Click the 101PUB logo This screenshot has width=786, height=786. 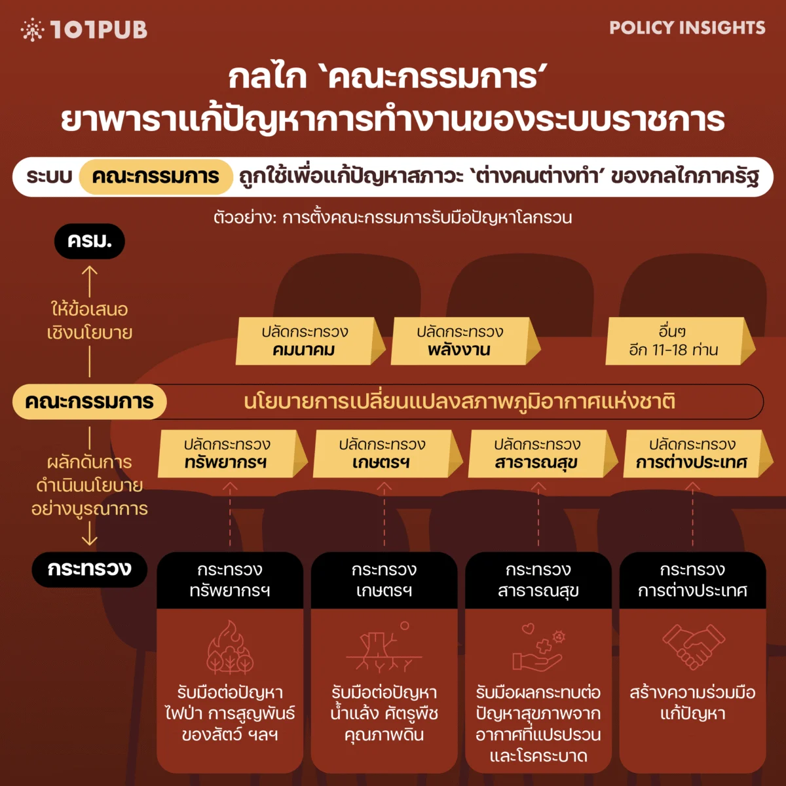coord(84,29)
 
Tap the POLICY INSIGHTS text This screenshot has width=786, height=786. coord(687,28)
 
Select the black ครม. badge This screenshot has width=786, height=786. coord(89,241)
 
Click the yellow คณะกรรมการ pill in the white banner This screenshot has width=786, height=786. coord(156,177)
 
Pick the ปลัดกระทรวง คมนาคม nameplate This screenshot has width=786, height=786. coord(305,341)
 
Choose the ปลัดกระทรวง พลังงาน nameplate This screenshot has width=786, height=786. coord(460,341)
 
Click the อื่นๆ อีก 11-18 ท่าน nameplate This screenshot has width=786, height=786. coord(675,341)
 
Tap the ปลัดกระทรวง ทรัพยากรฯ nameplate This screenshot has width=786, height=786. coord(227,453)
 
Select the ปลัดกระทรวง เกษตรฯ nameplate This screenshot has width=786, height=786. coord(383,453)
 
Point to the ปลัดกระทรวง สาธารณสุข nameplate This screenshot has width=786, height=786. coord(537,453)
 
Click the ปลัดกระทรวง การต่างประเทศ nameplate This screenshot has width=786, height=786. coord(692,453)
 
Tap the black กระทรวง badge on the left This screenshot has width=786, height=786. coord(90,569)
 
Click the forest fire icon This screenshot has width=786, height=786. coord(230,648)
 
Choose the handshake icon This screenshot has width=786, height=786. coord(693,646)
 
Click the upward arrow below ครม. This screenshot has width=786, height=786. coord(90,280)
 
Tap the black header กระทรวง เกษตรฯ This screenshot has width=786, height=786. coord(384,580)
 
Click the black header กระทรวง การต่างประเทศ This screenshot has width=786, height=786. coord(693,580)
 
